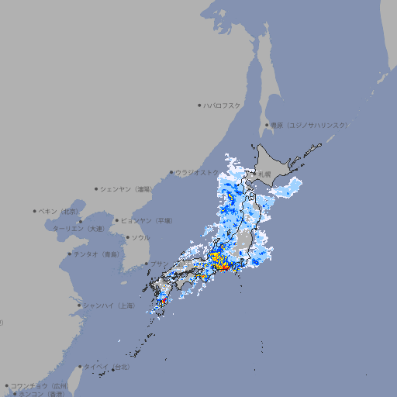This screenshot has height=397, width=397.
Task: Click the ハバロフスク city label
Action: click(x=223, y=105)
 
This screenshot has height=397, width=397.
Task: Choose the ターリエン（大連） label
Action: click(x=78, y=229)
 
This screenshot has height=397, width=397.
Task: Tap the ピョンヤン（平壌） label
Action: click(x=147, y=220)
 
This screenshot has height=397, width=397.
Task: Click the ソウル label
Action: click(x=140, y=237)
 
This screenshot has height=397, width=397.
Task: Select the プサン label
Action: click(x=158, y=264)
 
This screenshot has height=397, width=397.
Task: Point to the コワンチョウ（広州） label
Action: click(x=40, y=385)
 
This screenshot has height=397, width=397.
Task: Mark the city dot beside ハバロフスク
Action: click(x=199, y=105)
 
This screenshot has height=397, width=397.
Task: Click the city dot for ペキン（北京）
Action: click(x=35, y=211)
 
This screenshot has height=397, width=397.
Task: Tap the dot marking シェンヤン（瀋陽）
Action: click(x=97, y=188)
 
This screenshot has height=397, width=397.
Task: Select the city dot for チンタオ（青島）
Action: click(x=69, y=254)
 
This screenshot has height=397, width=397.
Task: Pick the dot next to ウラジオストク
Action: click(x=171, y=172)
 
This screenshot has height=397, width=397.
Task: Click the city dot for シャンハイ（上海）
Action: click(x=79, y=306)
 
